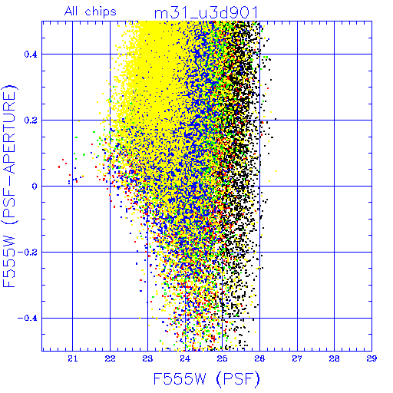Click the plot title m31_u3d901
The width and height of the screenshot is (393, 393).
click(x=206, y=13)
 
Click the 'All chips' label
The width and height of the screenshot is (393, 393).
click(x=91, y=12)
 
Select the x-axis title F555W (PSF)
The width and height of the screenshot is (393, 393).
click(x=206, y=378)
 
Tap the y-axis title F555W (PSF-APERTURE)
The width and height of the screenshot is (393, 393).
click(x=9, y=186)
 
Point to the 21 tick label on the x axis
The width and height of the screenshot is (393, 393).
click(x=73, y=359)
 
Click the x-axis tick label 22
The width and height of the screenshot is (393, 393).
click(x=110, y=359)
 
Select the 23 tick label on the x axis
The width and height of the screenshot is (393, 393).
click(x=147, y=359)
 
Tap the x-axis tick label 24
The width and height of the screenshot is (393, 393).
click(x=185, y=359)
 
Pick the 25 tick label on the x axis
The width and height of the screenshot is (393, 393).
click(x=223, y=359)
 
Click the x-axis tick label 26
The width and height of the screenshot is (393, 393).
click(x=259, y=359)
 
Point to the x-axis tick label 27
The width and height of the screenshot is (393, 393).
click(x=297, y=359)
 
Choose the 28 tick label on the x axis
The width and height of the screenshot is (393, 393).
click(x=335, y=359)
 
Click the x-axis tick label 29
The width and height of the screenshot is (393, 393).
click(x=372, y=359)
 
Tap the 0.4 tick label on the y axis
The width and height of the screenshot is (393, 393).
click(x=31, y=54)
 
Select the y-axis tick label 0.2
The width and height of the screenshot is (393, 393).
click(x=31, y=121)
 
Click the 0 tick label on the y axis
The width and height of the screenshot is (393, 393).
click(x=35, y=187)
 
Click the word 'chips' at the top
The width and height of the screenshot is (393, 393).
click(x=101, y=12)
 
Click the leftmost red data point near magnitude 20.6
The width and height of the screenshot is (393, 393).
click(x=59, y=167)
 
